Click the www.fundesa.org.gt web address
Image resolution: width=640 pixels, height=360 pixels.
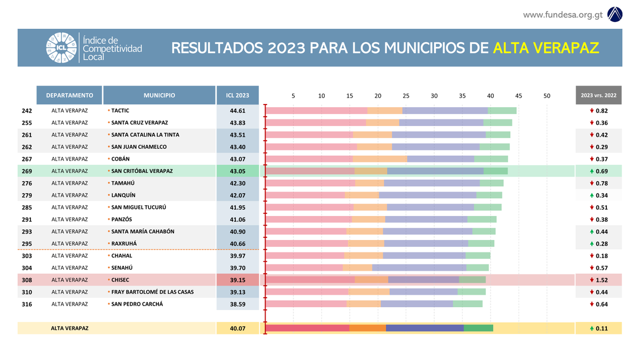point(563,14)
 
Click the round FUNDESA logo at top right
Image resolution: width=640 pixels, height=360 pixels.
point(615,14)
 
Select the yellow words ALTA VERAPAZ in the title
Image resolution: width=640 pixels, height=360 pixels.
point(546,48)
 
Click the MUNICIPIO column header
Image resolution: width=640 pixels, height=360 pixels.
point(159,95)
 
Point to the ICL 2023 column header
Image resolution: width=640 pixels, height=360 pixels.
point(237,95)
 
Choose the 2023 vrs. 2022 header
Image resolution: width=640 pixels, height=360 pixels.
point(598,95)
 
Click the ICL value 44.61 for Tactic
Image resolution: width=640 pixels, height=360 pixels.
point(237,111)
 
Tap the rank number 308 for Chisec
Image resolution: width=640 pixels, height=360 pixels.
point(27,280)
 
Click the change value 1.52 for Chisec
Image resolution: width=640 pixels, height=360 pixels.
point(602,280)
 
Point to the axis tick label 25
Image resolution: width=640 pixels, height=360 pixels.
point(406,96)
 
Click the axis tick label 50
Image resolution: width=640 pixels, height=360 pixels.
point(547,96)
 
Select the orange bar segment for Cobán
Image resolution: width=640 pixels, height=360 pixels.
point(380,159)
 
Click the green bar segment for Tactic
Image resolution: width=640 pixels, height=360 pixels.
point(502,110)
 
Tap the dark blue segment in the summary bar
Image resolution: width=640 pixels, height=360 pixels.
point(425,328)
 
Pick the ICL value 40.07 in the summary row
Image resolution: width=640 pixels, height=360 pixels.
point(237,329)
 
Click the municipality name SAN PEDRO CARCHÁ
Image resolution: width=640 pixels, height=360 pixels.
point(137,304)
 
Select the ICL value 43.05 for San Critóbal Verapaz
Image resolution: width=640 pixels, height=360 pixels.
point(237,171)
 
